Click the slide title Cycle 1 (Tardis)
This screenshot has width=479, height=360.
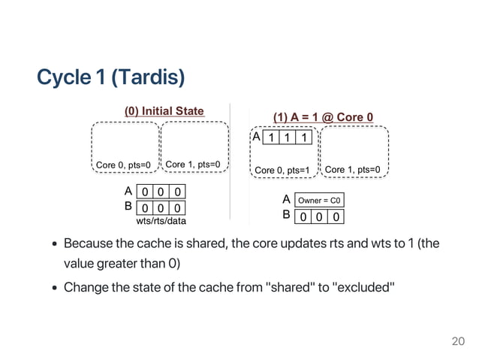pos(110,77)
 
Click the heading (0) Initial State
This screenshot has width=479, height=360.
pos(164,111)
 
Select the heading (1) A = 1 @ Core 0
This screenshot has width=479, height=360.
pos(324,117)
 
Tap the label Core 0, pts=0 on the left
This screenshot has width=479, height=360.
pos(124,165)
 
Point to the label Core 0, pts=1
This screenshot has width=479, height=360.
pos(282,170)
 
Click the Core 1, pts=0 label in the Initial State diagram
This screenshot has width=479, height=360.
pos(195,164)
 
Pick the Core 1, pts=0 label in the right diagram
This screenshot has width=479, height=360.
pos(353,170)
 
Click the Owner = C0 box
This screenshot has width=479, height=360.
pos(321,201)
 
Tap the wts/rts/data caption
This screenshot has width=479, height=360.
pos(161,221)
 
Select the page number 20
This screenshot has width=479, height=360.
pos(457,341)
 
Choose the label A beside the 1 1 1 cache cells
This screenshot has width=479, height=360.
pos(255,138)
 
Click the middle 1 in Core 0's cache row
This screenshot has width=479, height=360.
pos(287,138)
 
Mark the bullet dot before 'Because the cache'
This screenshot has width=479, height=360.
pos(56,244)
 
